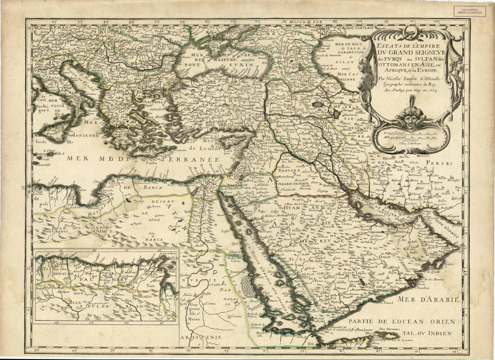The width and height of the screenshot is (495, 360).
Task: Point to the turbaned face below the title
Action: [x=410, y=118]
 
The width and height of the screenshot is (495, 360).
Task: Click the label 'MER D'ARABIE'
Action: [x=428, y=299]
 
